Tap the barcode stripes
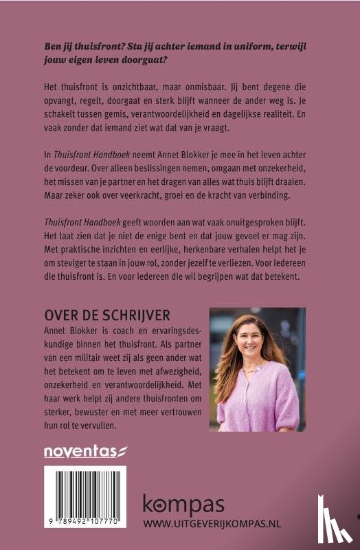[x=85, y=496]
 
